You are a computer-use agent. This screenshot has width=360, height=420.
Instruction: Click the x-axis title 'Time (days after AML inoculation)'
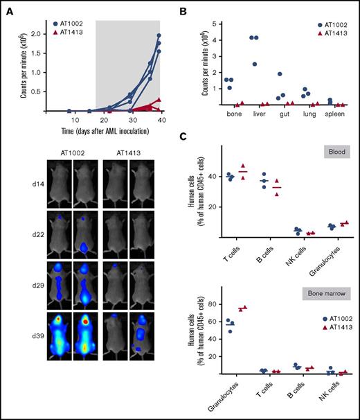coord(96,130)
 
